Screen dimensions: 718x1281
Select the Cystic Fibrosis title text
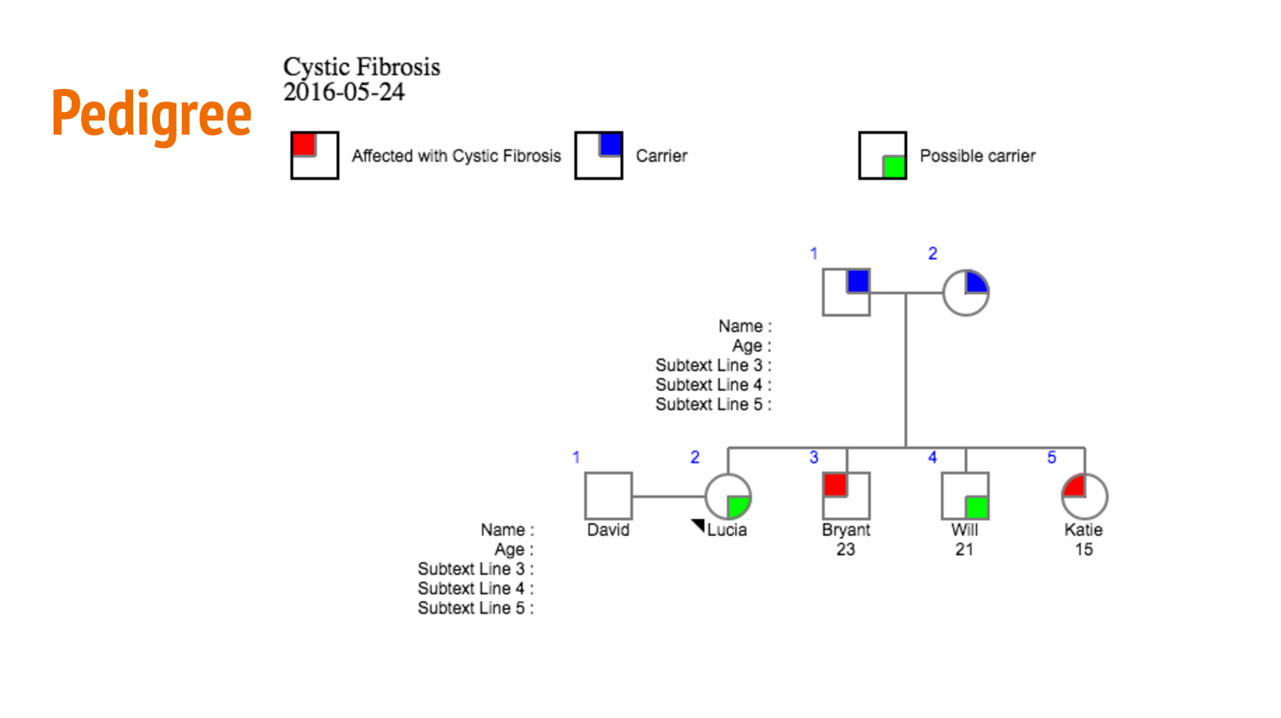click(x=362, y=67)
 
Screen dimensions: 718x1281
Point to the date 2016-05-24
click(x=343, y=92)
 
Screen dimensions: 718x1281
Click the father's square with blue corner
click(x=846, y=292)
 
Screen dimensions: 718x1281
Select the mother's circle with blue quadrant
click(x=965, y=292)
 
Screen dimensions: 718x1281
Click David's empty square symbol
click(x=608, y=496)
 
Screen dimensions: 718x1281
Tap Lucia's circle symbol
click(x=727, y=496)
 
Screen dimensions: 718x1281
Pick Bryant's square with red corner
click(x=846, y=496)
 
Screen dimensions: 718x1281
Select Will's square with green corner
click(x=965, y=496)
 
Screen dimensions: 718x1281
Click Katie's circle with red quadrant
click(x=1084, y=496)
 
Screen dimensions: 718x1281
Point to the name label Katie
click(x=1083, y=530)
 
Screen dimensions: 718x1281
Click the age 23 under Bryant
click(x=845, y=550)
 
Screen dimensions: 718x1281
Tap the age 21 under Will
click(x=964, y=550)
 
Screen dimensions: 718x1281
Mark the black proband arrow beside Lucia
click(x=699, y=525)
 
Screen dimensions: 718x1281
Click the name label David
click(x=608, y=530)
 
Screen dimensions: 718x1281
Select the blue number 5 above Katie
click(x=1051, y=457)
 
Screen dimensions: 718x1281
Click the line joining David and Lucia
click(x=668, y=496)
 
